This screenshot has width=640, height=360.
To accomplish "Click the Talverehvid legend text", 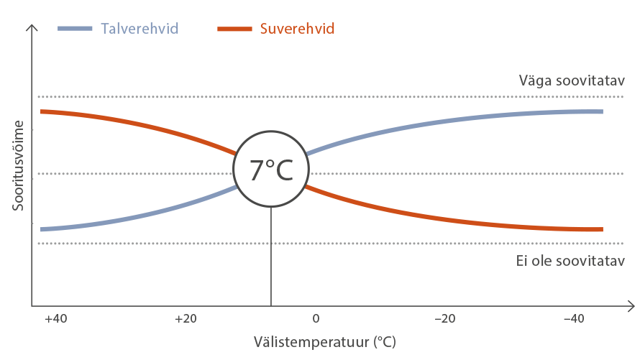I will point(140,29).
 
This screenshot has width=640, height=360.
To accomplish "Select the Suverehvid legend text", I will point(297,29).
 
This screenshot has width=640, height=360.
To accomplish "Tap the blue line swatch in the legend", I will point(75,29).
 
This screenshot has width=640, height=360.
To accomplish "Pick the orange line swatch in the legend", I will point(234,29).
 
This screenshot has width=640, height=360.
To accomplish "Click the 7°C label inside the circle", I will point(271,170).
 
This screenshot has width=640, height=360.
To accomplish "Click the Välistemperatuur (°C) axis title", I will point(324,341).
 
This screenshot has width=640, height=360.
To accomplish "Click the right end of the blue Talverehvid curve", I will point(600,111).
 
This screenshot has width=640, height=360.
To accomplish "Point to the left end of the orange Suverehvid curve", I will point(42,111).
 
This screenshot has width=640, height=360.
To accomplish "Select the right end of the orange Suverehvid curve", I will point(600,229).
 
